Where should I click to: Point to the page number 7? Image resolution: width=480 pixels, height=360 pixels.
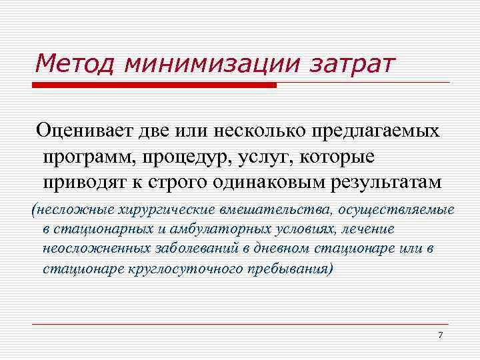click(440, 334)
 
